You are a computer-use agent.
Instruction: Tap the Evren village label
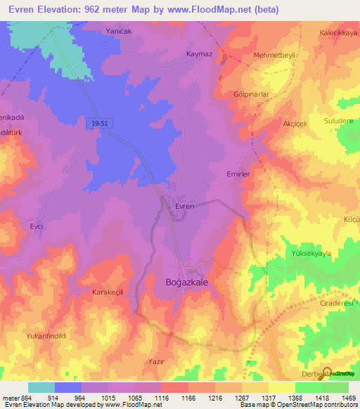click(x=184, y=206)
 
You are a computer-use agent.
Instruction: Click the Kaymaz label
click(x=199, y=54)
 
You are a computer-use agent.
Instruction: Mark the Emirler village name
click(x=239, y=173)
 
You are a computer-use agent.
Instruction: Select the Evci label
click(x=37, y=227)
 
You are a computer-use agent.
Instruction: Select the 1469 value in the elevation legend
click(x=348, y=398)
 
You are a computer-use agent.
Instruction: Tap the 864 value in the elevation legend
click(x=25, y=398)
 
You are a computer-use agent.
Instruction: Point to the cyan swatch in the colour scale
click(x=41, y=387)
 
